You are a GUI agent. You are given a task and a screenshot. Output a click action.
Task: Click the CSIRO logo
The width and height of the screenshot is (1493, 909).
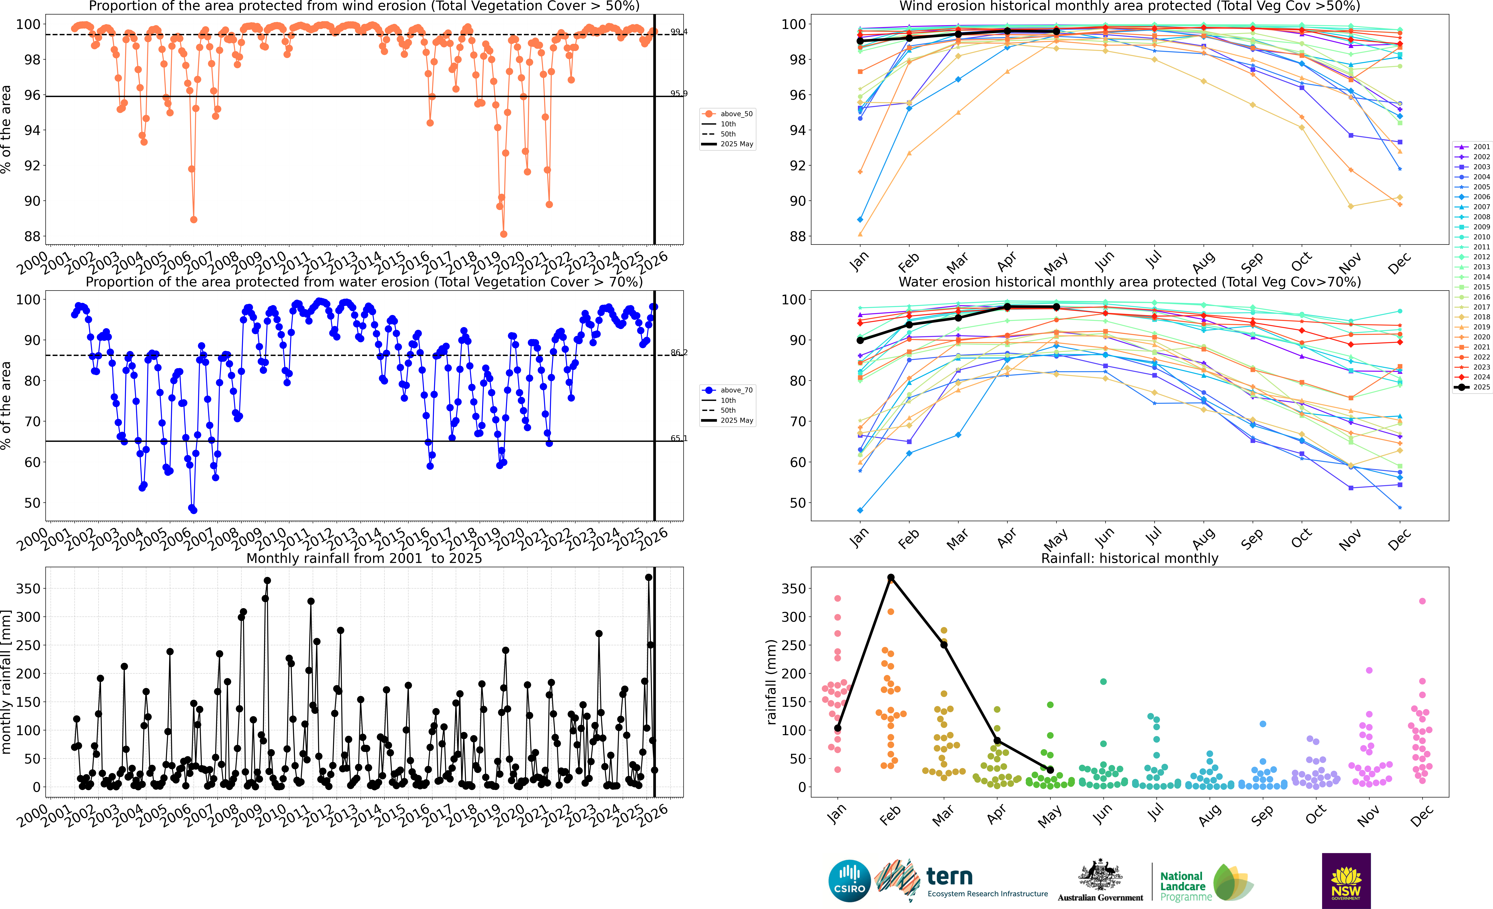849,880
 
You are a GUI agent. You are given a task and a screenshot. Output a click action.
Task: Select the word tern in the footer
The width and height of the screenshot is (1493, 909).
950,876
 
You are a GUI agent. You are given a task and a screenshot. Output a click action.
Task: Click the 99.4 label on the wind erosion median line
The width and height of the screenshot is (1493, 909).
679,32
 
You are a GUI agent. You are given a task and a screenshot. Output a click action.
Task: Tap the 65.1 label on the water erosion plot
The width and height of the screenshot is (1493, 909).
679,438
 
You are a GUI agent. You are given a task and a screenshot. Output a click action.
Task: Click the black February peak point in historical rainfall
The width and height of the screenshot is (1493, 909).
891,578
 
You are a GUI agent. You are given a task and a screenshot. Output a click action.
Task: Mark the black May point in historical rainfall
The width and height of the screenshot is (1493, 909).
1050,770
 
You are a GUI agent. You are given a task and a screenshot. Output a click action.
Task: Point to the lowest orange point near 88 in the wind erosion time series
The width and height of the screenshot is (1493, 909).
504,234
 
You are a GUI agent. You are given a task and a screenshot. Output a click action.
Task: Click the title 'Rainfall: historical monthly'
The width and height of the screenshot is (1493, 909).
1130,558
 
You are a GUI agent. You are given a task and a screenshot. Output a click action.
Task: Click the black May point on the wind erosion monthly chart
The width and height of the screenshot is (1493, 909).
1056,31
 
